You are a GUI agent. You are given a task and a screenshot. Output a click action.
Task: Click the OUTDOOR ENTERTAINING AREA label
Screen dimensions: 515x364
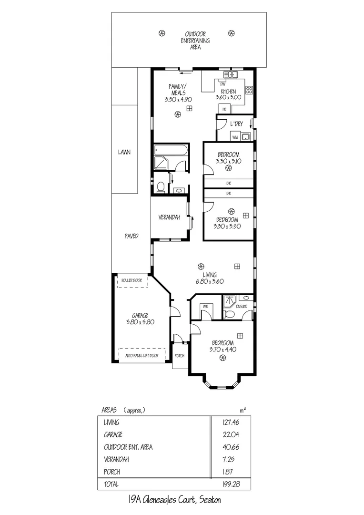tap(195, 37)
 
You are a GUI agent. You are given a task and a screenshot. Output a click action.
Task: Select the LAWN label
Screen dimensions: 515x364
tap(124, 153)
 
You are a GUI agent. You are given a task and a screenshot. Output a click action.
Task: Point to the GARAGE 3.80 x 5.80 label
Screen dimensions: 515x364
tap(141, 319)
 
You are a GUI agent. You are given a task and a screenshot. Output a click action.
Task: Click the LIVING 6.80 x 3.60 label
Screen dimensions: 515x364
tap(210, 278)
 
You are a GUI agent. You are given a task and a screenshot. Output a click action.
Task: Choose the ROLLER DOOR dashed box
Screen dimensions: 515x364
tap(132, 281)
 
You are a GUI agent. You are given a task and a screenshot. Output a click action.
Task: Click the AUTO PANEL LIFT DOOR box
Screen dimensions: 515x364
tap(142, 356)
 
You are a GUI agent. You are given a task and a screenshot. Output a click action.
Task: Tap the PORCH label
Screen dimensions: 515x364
tap(180, 356)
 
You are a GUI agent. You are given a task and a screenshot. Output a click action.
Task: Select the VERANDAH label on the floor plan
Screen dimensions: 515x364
tap(169, 217)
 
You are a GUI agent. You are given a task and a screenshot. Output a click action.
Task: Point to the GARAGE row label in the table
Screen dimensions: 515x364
tap(113, 434)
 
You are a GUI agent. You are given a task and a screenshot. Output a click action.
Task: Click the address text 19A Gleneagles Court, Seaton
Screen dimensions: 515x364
tap(174, 500)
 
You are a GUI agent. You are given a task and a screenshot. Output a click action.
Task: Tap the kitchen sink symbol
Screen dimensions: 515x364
tap(231, 74)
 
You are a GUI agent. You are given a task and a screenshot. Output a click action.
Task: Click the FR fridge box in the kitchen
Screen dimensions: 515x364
tap(224, 109)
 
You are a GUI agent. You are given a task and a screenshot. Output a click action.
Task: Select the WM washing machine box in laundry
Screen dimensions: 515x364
tap(235, 137)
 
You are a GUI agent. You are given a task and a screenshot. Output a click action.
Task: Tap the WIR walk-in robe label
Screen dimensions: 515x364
tap(205, 306)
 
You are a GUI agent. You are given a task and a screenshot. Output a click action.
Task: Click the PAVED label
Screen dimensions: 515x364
tap(131, 236)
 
